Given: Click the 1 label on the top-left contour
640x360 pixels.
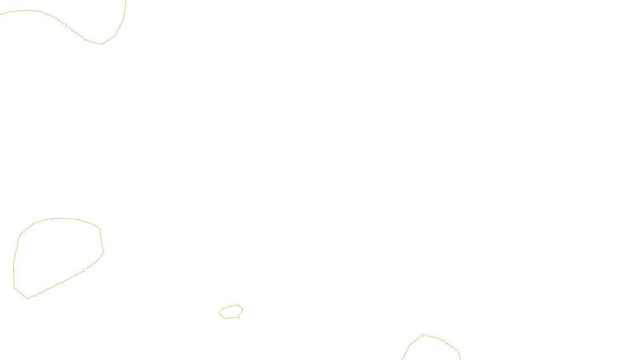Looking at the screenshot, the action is (66, 25).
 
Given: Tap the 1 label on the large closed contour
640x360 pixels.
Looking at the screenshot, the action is (84, 270).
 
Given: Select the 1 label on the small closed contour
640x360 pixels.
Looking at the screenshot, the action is (239, 316).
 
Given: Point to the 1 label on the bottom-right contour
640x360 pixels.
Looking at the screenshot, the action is (422, 335).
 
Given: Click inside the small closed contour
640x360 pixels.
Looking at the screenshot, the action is (231, 312).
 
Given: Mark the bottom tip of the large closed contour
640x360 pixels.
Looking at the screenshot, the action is (27, 298).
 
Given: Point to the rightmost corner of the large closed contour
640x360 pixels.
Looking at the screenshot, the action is (103, 253).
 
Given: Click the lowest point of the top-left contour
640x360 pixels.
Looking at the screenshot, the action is (101, 44).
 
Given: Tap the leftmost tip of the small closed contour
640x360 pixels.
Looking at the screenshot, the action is (219, 312).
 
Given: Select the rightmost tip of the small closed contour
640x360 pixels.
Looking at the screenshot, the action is (243, 309).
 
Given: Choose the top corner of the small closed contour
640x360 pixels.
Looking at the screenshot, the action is (237, 305).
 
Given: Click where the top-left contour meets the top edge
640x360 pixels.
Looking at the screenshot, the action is (126, 1).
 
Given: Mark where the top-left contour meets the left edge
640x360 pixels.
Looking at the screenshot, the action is (1, 14).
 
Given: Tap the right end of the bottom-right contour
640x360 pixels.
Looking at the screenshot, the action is (460, 359).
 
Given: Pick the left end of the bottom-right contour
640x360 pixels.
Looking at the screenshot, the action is (403, 359).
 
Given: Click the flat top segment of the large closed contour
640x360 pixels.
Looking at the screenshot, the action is (63, 218).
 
